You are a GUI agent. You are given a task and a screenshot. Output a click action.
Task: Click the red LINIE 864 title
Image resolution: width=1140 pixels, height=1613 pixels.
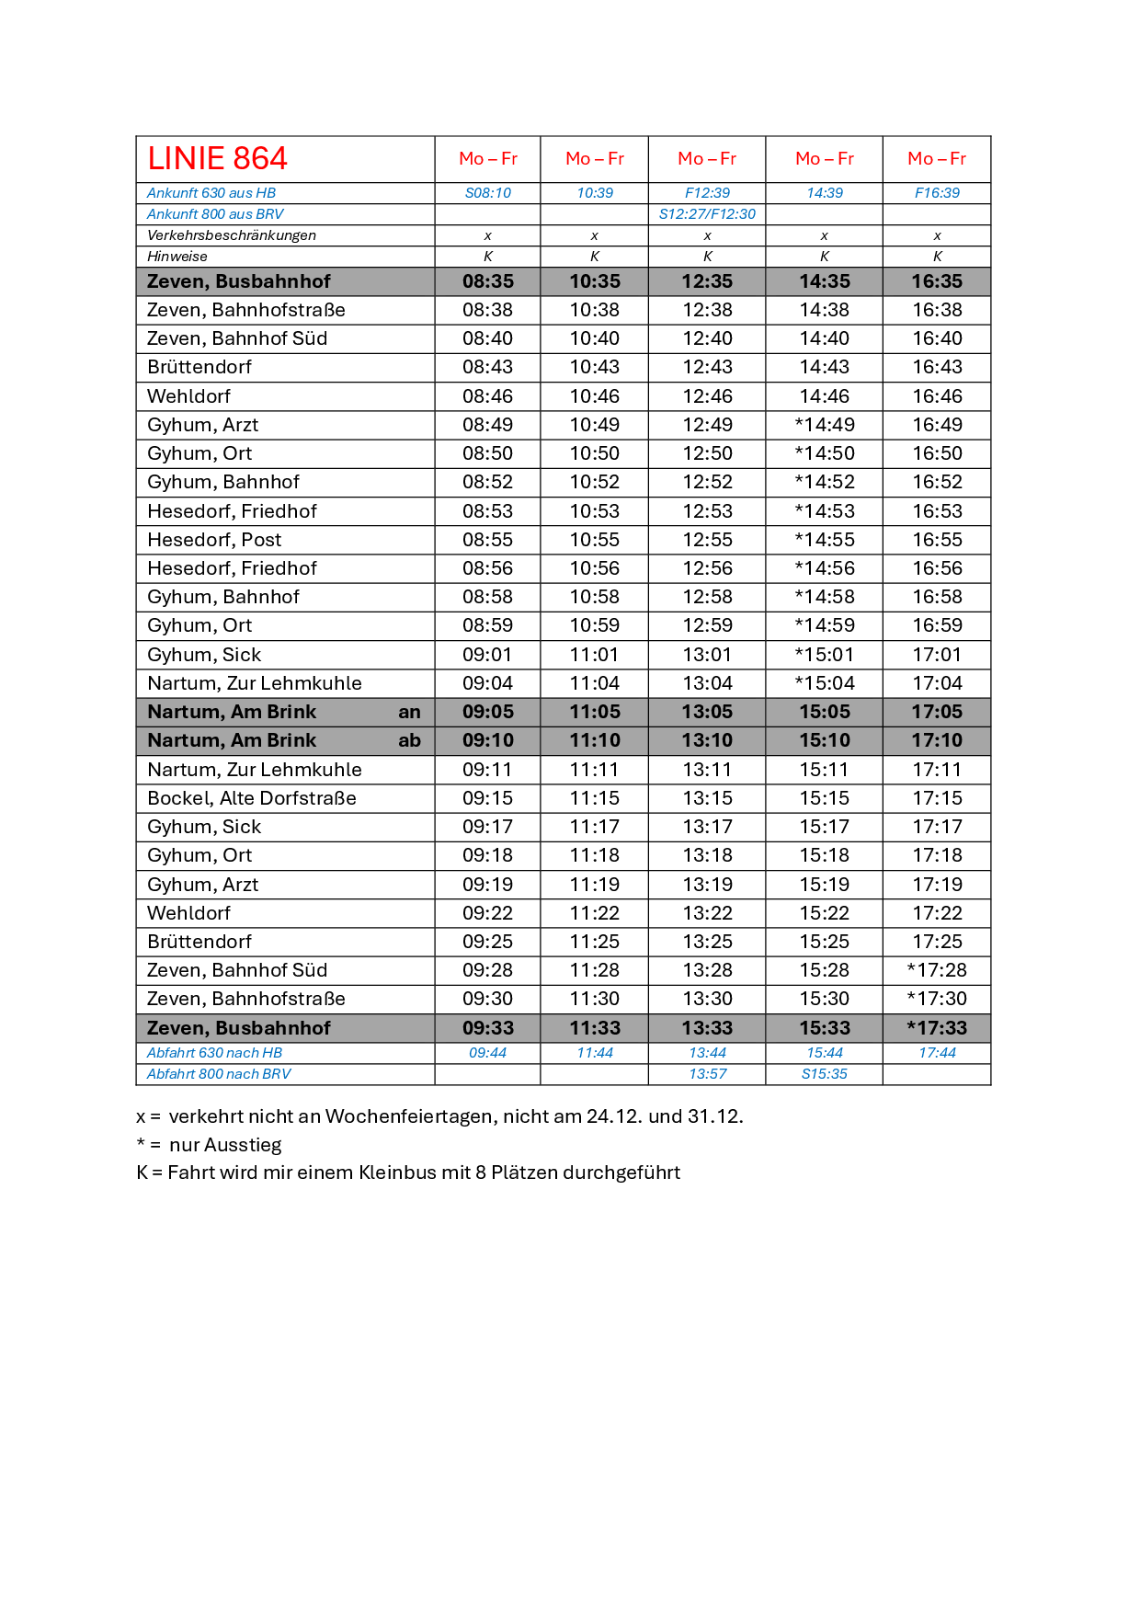click(217, 159)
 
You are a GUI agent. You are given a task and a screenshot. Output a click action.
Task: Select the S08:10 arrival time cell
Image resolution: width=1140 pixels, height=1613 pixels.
click(487, 193)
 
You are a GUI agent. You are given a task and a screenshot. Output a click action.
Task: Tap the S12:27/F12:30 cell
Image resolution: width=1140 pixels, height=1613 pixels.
click(707, 214)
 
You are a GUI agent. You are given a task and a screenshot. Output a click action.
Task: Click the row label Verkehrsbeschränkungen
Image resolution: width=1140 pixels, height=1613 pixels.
click(232, 235)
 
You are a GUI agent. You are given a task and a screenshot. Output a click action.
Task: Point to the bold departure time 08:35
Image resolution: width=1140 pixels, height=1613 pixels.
click(487, 281)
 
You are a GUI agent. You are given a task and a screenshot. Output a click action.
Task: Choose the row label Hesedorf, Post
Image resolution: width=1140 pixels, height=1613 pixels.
click(214, 540)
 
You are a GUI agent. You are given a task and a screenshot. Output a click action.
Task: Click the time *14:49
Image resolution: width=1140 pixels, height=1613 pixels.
click(824, 425)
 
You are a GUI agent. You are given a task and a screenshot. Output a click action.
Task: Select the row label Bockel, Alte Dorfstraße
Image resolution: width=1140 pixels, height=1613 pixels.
click(251, 798)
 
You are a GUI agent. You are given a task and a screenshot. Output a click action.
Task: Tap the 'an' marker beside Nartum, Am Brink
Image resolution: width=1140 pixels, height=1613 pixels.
click(409, 712)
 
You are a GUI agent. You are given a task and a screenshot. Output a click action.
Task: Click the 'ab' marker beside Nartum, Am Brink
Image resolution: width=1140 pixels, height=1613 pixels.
click(409, 740)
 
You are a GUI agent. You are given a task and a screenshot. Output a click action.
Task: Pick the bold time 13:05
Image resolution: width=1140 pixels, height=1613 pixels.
click(707, 712)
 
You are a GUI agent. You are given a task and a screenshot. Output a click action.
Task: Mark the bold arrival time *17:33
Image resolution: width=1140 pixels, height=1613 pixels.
click(936, 1028)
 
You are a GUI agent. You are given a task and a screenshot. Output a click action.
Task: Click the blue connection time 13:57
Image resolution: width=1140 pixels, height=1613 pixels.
click(707, 1074)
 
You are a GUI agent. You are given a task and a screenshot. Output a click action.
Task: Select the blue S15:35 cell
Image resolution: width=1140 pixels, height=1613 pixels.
click(824, 1074)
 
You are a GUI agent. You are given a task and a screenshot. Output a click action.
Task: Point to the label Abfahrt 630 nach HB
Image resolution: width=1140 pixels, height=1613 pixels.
click(214, 1053)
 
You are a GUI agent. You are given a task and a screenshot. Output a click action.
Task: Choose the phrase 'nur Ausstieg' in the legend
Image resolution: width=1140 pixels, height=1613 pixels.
click(225, 1145)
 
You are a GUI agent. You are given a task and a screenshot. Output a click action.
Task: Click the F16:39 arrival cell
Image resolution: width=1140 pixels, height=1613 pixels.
click(936, 193)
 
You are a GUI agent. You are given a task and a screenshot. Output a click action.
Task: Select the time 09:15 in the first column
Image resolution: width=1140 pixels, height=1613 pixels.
click(487, 798)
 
